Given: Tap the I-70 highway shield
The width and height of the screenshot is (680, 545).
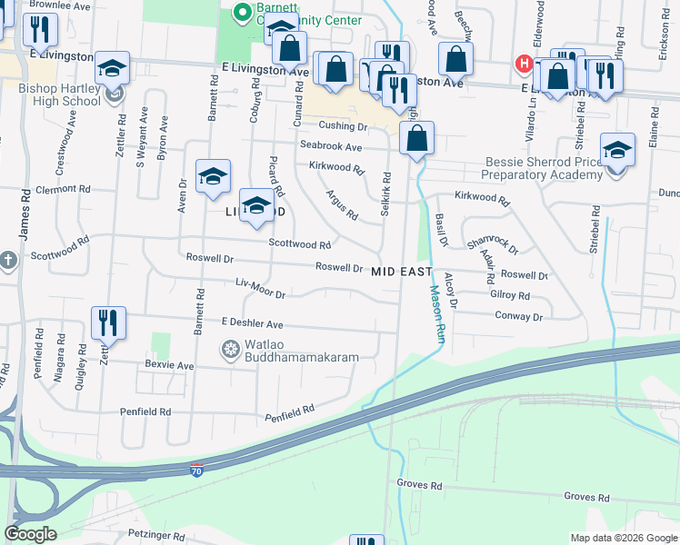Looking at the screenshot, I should pyautogui.click(x=197, y=471).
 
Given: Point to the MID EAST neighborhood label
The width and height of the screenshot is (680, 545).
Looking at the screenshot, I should pyautogui.click(x=401, y=271).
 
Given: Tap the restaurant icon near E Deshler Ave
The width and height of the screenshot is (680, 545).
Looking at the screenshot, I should pyautogui.click(x=108, y=322).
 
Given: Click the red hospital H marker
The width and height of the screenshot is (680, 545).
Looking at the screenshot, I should pyautogui.click(x=524, y=64).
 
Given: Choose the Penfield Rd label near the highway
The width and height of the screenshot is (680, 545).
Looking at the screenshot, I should pyautogui.click(x=289, y=413).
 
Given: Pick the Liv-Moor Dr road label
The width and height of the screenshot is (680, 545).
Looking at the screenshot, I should pyautogui.click(x=261, y=288).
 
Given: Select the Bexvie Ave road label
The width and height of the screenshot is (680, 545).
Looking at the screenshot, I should pyautogui.click(x=169, y=365).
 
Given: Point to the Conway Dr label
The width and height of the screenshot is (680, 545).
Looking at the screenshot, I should pyautogui.click(x=518, y=316).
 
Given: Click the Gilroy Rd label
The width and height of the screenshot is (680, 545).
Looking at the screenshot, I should pyautogui.click(x=509, y=295).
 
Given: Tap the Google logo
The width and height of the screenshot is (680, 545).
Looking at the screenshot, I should pyautogui.click(x=30, y=534).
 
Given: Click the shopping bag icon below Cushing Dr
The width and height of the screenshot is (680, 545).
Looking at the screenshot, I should pyautogui.click(x=416, y=139).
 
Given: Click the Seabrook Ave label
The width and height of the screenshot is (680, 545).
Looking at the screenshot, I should pyautogui.click(x=331, y=147).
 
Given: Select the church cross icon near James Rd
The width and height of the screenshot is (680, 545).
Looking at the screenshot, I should pyautogui.click(x=7, y=261).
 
